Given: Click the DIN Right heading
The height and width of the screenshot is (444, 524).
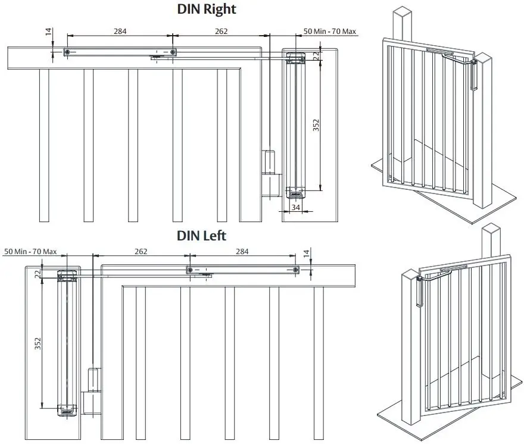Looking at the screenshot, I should coord(207,10).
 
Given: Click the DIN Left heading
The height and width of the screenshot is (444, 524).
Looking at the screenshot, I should coord(202,235).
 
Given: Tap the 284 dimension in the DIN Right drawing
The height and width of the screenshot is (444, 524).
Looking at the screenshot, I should coord(120,31).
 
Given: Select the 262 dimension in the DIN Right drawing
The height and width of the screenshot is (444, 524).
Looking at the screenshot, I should coord(221,31).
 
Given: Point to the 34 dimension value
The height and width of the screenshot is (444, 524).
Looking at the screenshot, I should coord(296,207).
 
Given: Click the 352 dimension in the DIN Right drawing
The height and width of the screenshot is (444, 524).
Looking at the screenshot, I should coord(316,125).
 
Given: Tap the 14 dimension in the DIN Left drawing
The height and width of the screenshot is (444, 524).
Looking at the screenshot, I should coord(306,254).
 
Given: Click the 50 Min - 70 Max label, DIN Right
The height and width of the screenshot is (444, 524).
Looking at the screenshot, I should coord(330,31).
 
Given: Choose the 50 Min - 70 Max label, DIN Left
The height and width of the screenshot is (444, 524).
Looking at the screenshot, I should coord(30,252).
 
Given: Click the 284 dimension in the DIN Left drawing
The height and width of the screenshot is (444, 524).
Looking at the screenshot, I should coord(242,252).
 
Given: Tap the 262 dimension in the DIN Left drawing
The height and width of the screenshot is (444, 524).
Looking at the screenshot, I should coord(141,252).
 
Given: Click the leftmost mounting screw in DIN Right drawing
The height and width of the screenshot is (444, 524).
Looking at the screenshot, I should coord(68,53).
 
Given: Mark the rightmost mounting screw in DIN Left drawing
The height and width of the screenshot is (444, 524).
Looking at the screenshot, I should coord(296,270).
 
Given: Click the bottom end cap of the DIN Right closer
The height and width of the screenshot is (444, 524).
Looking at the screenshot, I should coord(296,192).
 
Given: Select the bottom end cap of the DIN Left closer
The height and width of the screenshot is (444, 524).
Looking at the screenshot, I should coord(67,409).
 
